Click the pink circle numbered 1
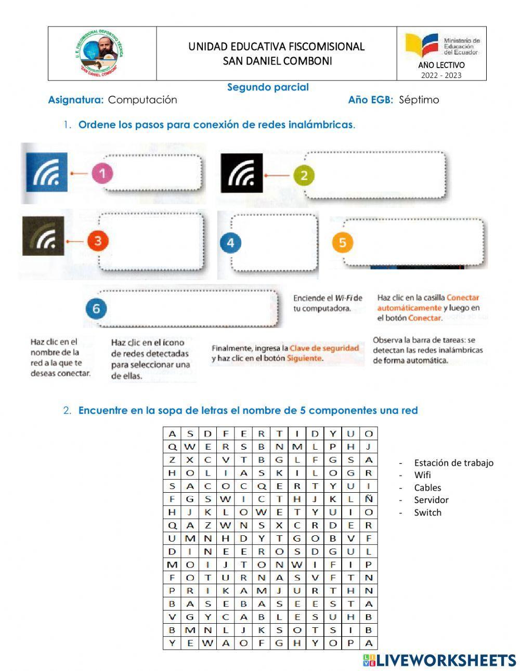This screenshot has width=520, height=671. pos(102,174)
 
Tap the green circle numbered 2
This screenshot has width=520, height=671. pos(304,175)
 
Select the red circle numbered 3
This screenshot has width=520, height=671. pos(98,241)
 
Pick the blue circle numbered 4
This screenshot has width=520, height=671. pos(230,242)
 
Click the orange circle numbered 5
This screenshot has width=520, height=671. pos(342,242)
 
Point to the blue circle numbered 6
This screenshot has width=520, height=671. pos(96,309)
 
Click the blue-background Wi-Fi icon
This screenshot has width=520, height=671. pos(47,173)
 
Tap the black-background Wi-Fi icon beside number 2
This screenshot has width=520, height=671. pos(242,174)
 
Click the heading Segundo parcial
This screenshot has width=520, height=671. pos(268,87)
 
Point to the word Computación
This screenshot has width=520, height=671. pos(142,100)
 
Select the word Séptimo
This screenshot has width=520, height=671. pos(419,100)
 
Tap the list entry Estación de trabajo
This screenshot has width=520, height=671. pos(453,463)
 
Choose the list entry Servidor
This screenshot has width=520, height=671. pos(431,500)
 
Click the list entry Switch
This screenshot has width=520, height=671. pos(427,512)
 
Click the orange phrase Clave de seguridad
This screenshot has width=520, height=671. pos(324,348)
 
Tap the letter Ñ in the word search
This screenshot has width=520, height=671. pos(369,499)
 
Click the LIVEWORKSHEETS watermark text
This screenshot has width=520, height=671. pos(446,660)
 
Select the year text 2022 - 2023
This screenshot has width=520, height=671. pos(441,75)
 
